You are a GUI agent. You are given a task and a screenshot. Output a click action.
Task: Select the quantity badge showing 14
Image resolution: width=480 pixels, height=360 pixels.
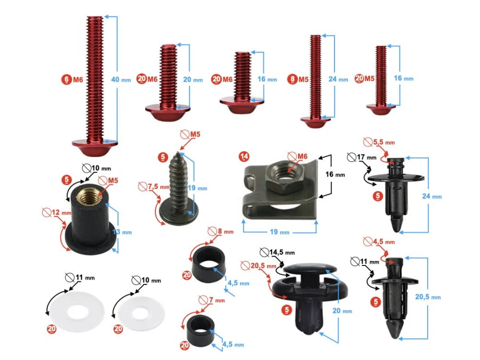244,156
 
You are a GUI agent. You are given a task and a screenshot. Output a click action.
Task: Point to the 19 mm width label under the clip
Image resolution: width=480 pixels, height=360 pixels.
279,232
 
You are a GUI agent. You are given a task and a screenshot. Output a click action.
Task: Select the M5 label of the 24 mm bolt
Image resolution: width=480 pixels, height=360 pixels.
303,79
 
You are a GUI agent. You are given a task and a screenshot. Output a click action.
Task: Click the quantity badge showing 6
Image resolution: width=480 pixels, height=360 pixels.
66,79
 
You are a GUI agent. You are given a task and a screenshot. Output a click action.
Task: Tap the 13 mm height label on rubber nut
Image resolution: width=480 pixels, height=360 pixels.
122,231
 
